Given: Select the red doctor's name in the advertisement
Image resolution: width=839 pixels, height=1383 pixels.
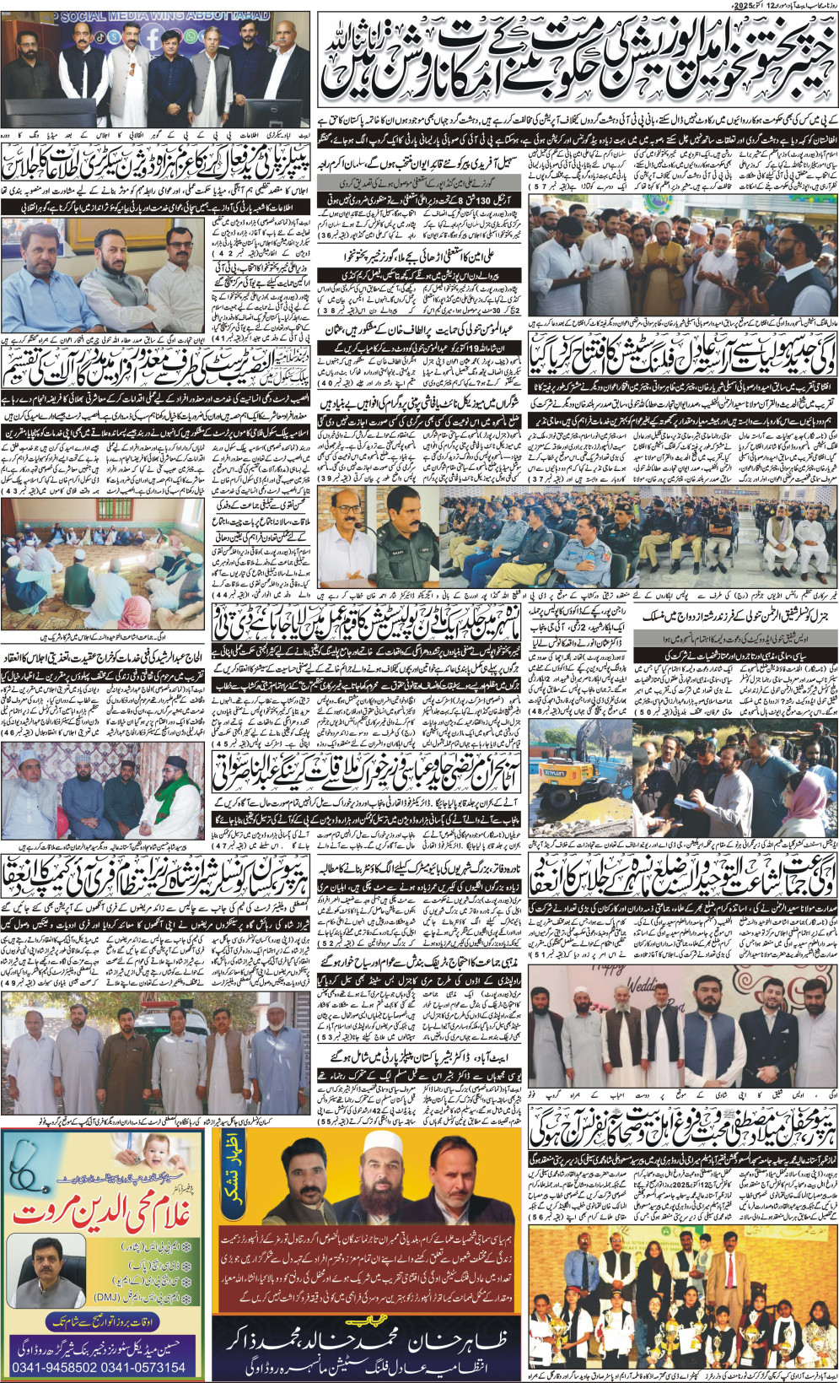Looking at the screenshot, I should click(101, 1214).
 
